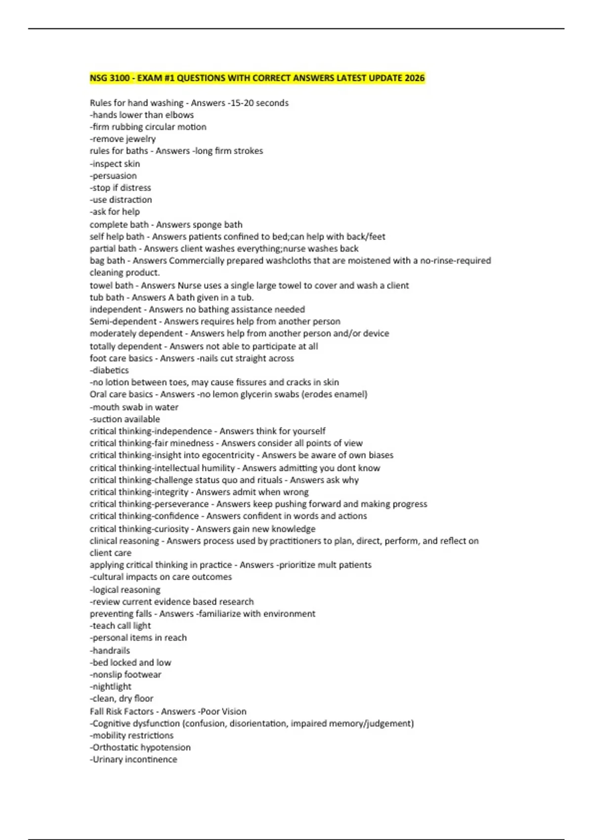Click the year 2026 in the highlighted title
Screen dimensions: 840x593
[x=414, y=78]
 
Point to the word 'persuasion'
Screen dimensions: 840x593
[x=115, y=175]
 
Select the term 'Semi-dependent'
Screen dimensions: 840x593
[x=123, y=321]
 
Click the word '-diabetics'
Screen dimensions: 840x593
[x=109, y=370]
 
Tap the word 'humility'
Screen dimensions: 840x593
[x=215, y=468]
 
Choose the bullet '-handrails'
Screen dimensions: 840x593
[x=110, y=650]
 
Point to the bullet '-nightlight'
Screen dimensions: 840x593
[x=111, y=686]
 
